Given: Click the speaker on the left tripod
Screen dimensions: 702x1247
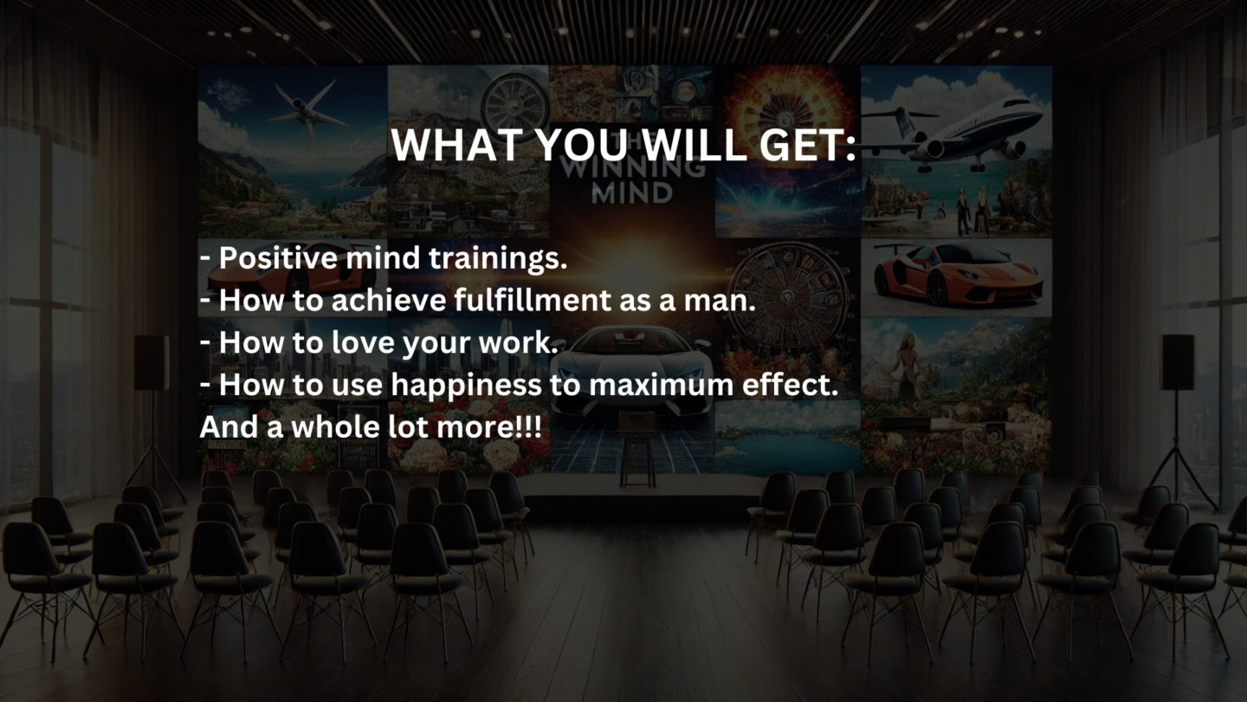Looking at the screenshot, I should pos(151,362).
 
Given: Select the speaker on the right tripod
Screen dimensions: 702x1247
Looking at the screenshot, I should pos(1177,362).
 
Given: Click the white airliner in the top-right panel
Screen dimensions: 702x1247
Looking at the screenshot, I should pos(961,131).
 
